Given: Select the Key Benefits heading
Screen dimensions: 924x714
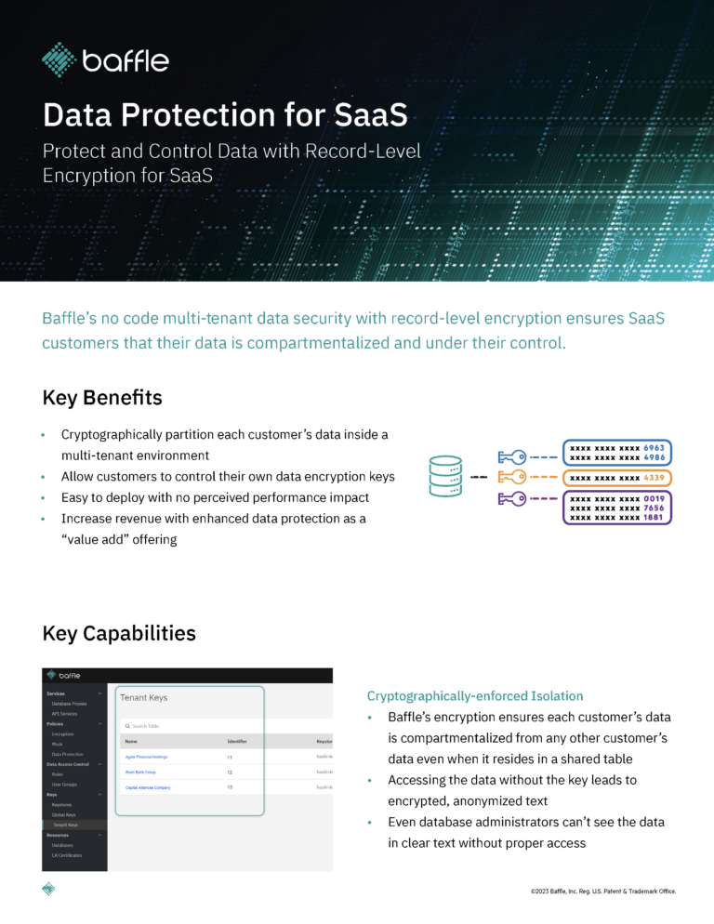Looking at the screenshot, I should pyautogui.click(x=102, y=398).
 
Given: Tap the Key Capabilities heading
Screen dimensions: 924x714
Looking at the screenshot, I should pyautogui.click(x=119, y=633).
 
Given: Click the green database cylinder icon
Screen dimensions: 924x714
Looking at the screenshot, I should pyautogui.click(x=445, y=477).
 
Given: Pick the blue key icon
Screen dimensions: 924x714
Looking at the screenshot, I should pyautogui.click(x=512, y=456).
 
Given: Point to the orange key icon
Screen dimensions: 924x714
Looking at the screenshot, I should pyautogui.click(x=512, y=477).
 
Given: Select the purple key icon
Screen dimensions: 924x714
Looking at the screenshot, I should pyautogui.click(x=512, y=499).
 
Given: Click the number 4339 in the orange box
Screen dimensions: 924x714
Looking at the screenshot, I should pyautogui.click(x=653, y=478).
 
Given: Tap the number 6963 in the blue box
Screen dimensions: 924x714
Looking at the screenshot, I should pyautogui.click(x=654, y=447).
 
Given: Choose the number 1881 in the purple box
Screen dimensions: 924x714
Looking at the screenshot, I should pyautogui.click(x=654, y=518).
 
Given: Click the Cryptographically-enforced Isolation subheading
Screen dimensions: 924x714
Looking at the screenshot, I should pyautogui.click(x=475, y=695).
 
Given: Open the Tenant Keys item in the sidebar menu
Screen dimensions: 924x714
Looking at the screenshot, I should pyautogui.click(x=65, y=825).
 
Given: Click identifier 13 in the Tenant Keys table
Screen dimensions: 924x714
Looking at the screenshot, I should pyautogui.click(x=230, y=787).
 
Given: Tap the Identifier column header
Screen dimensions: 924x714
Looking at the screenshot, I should pyautogui.click(x=237, y=742).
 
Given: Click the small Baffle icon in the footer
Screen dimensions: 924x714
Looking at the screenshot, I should pyautogui.click(x=48, y=889).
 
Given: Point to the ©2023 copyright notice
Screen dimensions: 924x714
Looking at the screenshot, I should pyautogui.click(x=603, y=891).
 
